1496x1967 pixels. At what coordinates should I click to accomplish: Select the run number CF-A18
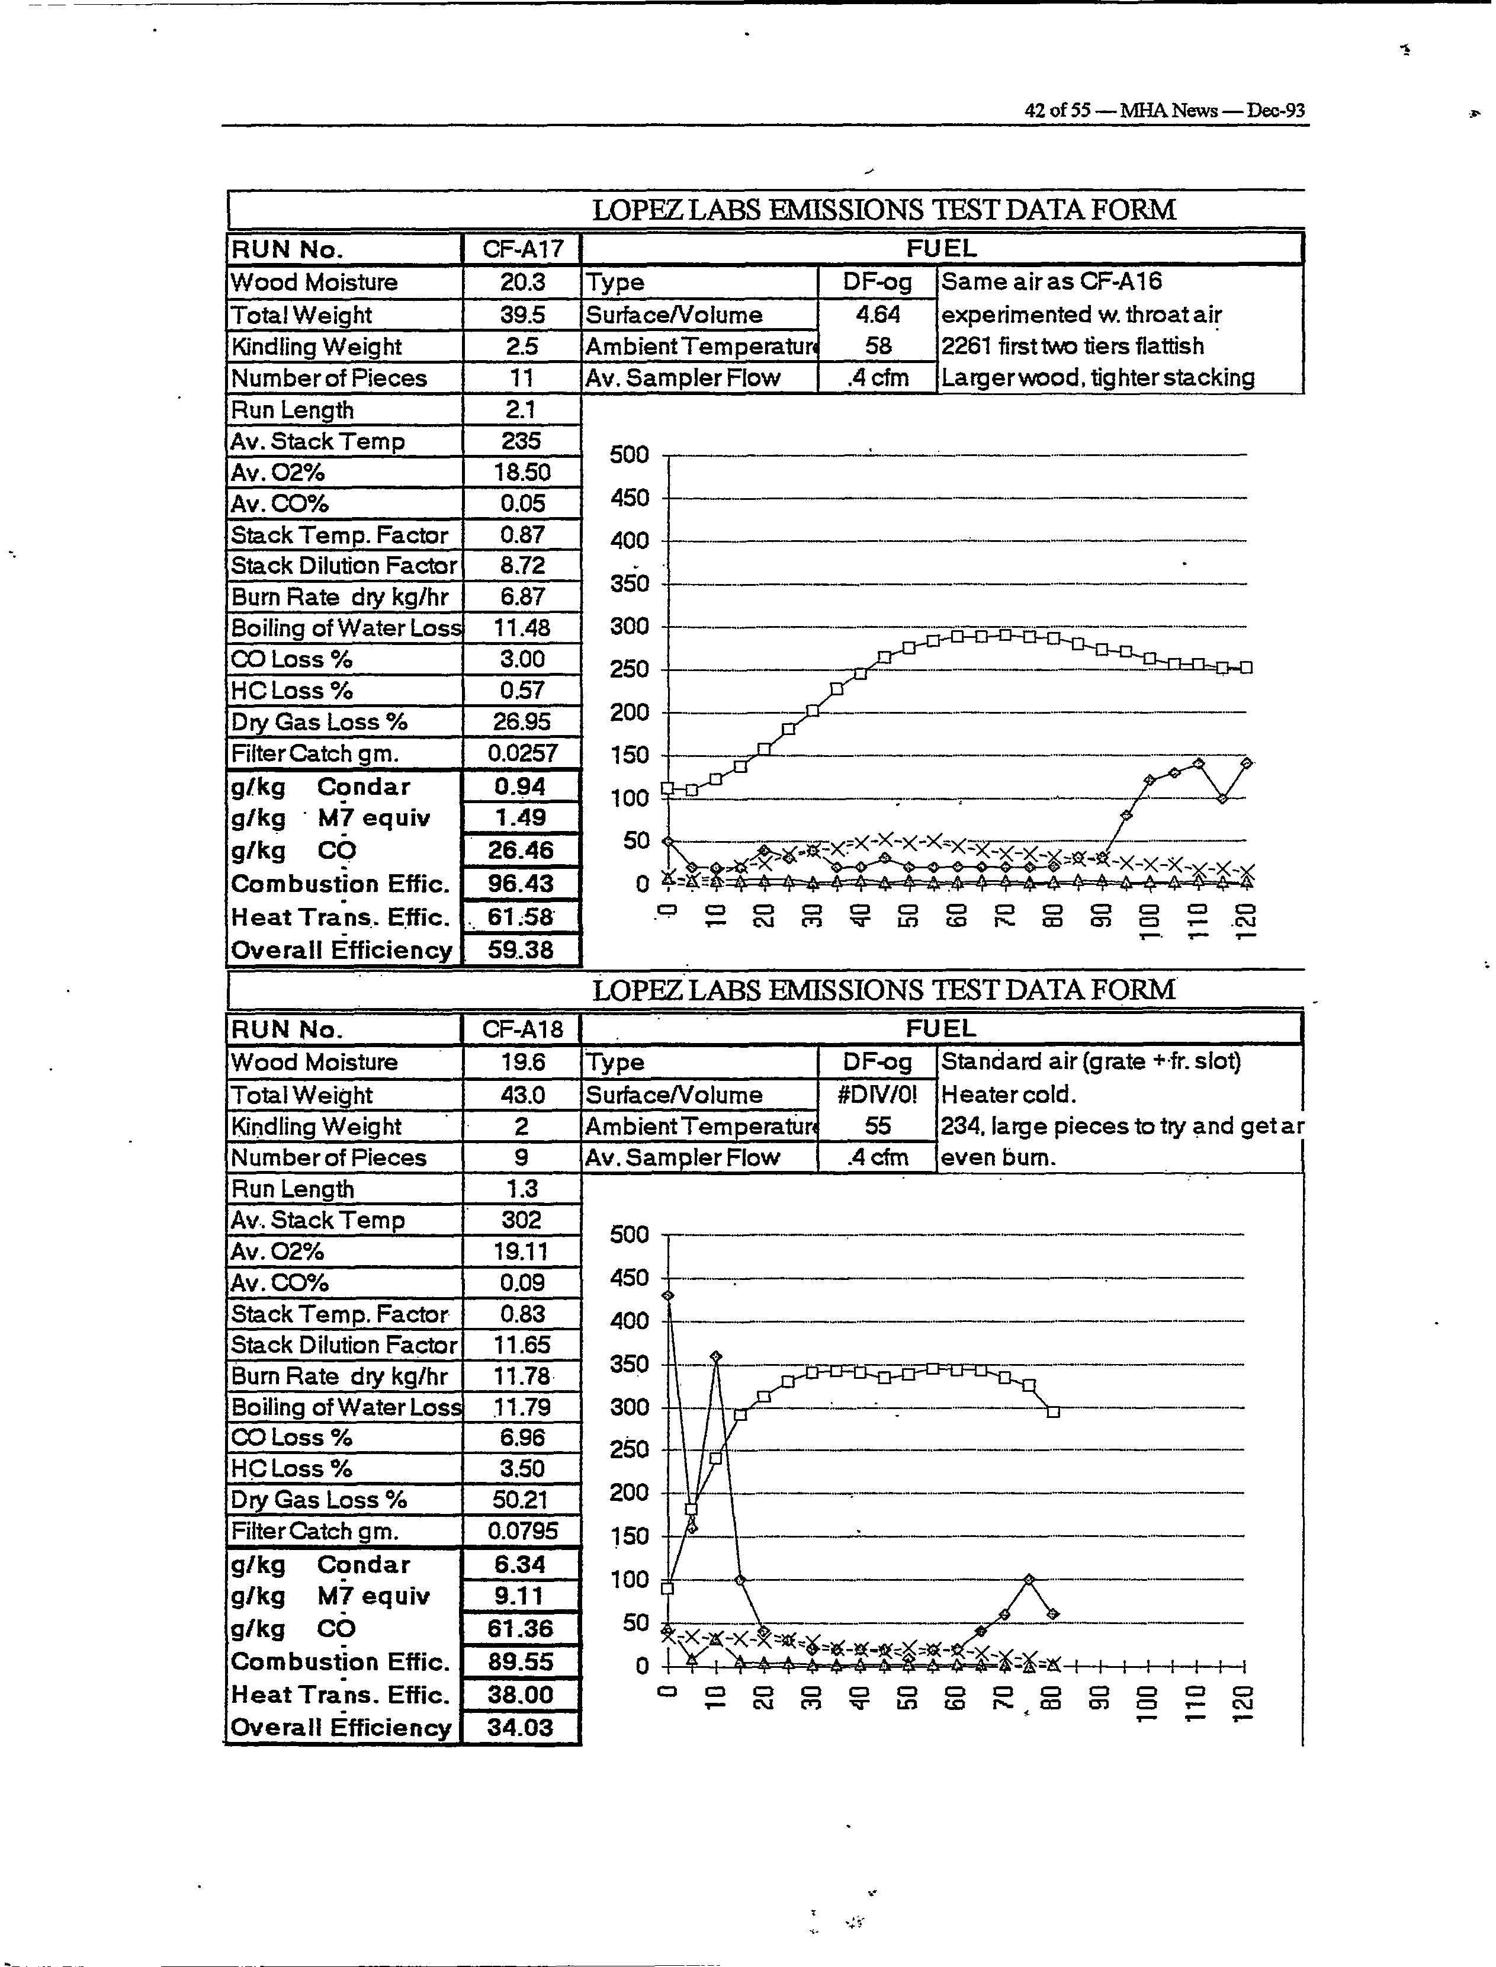[x=522, y=1029]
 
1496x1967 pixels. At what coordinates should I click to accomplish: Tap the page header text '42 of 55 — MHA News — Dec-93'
[x=1164, y=110]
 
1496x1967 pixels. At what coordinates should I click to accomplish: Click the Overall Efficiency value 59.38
[x=521, y=950]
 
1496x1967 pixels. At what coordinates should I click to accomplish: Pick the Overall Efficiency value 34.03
[x=521, y=1728]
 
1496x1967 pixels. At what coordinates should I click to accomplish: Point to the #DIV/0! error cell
[x=877, y=1095]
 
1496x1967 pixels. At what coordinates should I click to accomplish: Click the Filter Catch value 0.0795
[x=522, y=1530]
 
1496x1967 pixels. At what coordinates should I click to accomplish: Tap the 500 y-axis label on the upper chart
[x=629, y=455]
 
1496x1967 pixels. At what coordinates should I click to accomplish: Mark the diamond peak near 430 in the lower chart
[x=668, y=1295]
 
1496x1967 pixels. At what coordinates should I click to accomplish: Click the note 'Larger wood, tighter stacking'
[x=1097, y=377]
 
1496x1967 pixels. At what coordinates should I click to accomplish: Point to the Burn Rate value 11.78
[x=522, y=1376]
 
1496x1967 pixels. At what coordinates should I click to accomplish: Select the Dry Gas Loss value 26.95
[x=522, y=721]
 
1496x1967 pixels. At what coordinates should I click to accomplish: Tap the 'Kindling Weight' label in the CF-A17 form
[x=316, y=346]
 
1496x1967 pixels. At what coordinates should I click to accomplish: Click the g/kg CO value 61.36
[x=521, y=1629]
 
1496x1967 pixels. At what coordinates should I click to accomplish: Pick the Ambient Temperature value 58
[x=878, y=346]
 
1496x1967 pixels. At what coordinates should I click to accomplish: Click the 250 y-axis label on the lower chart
[x=629, y=1450]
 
